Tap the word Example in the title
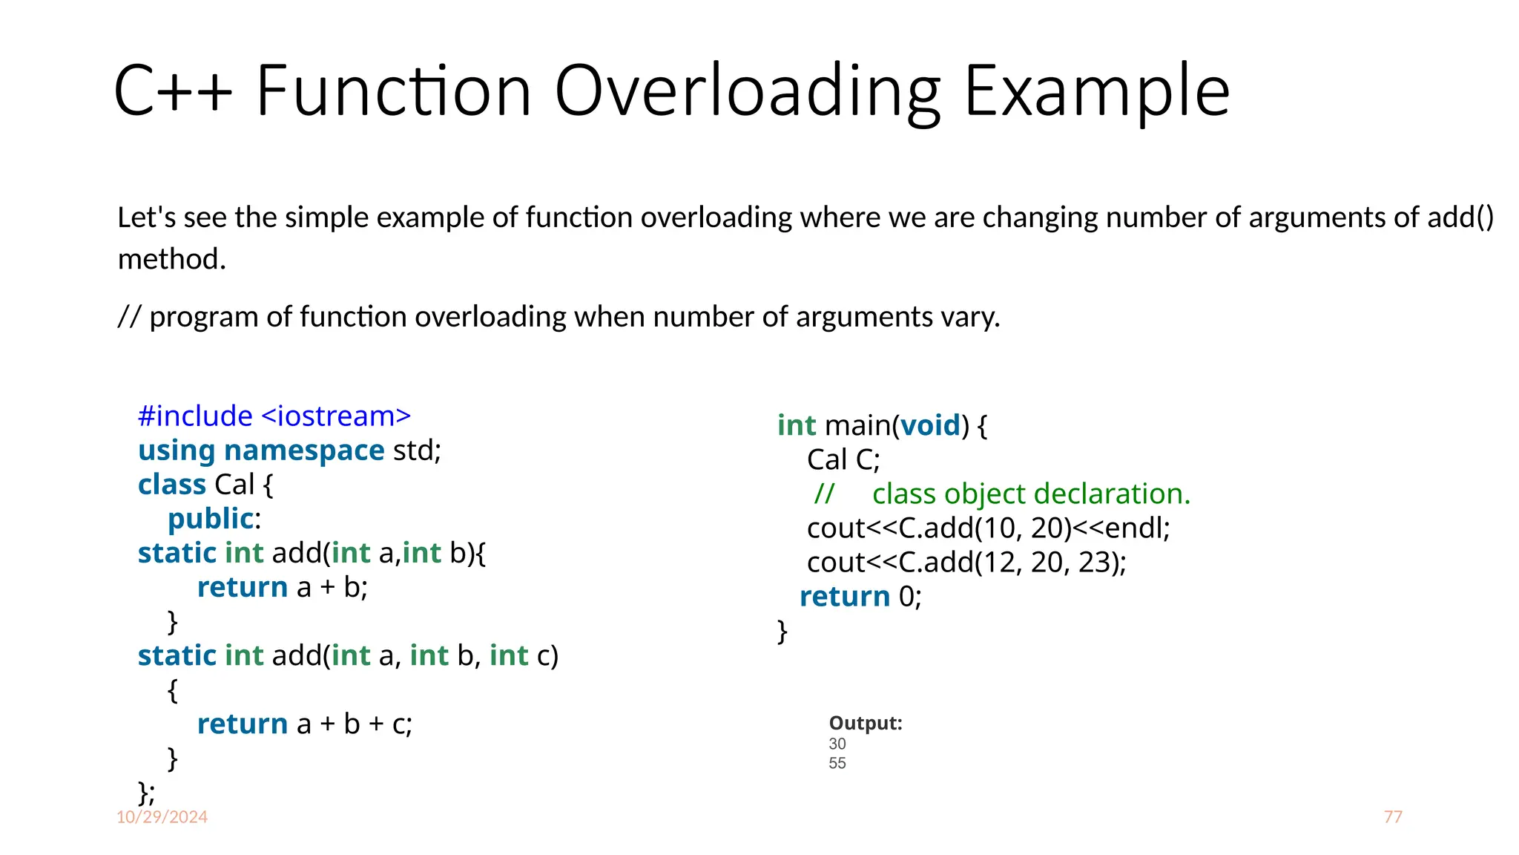coord(1097,92)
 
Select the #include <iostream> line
coord(274,416)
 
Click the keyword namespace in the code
coord(304,451)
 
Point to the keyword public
coord(211,519)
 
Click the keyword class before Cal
coord(171,485)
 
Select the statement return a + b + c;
coord(304,724)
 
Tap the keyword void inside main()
coord(930,425)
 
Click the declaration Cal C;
coord(843,460)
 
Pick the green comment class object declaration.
coord(1031,494)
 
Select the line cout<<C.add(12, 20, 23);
coord(966,563)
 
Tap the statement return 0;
coord(860,597)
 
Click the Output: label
coord(866,723)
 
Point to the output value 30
coord(837,744)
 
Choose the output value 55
coord(837,763)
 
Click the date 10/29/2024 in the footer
coord(162,817)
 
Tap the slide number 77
coord(1393,817)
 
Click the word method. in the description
coord(171,260)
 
